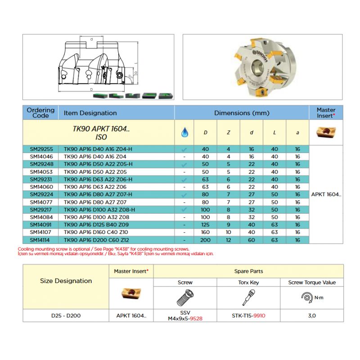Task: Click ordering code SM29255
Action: [x=41, y=149]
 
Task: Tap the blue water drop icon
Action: [x=184, y=132]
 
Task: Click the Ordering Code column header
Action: [x=40, y=112]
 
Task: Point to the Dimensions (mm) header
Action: [x=241, y=112]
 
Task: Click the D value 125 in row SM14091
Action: [x=205, y=225]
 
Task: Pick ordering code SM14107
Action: [x=41, y=233]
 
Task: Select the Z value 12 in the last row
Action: [x=229, y=240]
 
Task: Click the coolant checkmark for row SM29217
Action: [x=184, y=210]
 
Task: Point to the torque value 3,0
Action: [x=312, y=315]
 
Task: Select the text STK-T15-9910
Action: [x=248, y=315]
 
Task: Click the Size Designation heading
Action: [x=66, y=281]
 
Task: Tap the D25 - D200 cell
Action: [x=66, y=315]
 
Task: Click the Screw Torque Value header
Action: [x=312, y=283]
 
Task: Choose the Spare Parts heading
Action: [x=248, y=271]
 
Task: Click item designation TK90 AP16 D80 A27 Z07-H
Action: [x=99, y=195]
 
